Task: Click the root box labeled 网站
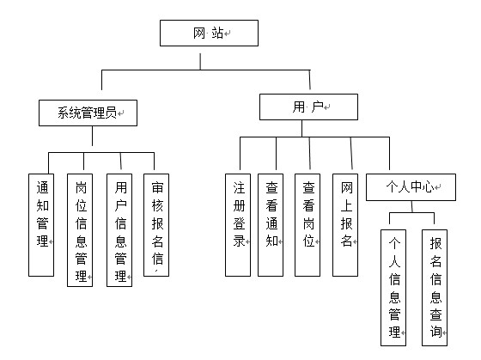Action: (x=209, y=34)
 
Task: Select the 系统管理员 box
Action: (x=88, y=113)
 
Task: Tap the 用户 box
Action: (x=308, y=107)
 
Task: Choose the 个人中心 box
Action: (x=411, y=187)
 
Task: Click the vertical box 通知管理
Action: (x=41, y=225)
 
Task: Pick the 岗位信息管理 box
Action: (x=80, y=230)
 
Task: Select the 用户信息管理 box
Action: (x=119, y=230)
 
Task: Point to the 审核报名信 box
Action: (x=156, y=225)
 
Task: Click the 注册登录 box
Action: (x=238, y=225)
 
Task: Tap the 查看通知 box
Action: (x=271, y=225)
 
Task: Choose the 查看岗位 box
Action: (x=307, y=225)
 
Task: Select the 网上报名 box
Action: (x=345, y=225)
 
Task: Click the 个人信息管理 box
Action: (x=393, y=288)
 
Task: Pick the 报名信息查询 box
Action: (x=435, y=288)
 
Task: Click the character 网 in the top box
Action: (x=199, y=34)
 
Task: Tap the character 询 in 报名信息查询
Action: (x=435, y=332)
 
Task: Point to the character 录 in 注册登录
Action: (x=239, y=241)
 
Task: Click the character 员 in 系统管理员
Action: (x=111, y=113)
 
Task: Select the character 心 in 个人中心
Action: (x=428, y=187)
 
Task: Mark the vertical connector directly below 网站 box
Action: (x=200, y=61)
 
